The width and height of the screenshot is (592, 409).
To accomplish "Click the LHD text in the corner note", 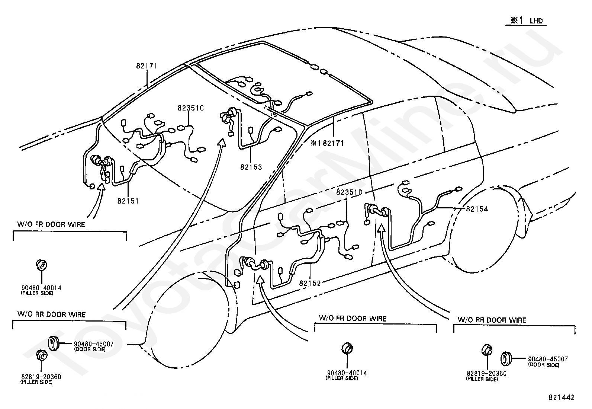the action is (536, 21).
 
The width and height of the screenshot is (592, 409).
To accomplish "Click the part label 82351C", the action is (191, 108).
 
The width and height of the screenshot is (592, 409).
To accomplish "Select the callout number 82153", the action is (251, 167).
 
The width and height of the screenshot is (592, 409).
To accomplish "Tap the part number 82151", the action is (128, 201).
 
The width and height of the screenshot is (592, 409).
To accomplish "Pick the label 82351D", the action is (350, 192).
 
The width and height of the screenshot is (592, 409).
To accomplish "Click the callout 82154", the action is (477, 209).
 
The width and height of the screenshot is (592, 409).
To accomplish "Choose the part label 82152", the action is (310, 283).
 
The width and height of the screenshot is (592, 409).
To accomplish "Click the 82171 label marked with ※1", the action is (327, 143).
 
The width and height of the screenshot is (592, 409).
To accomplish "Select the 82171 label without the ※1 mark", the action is (147, 65).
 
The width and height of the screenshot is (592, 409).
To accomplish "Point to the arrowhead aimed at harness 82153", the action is (222, 143).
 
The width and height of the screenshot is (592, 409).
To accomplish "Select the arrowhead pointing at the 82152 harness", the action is (261, 279).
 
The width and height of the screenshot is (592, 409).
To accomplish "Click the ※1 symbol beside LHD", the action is (517, 20).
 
